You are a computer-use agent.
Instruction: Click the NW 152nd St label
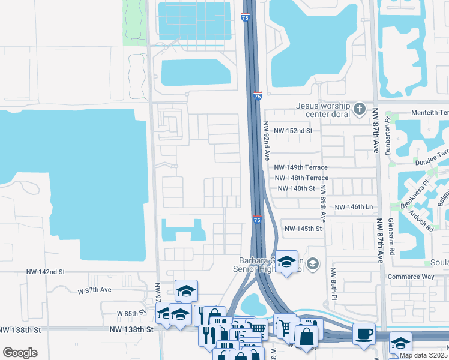[293, 130]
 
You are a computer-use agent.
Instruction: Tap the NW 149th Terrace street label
[301, 167]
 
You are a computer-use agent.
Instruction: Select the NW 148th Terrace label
[301, 178]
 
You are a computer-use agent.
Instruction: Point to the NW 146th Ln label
[354, 207]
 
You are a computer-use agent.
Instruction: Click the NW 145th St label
[303, 229]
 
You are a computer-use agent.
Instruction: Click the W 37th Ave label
[95, 290]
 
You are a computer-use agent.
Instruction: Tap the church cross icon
[360, 109]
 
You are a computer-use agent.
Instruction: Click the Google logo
[20, 353]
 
